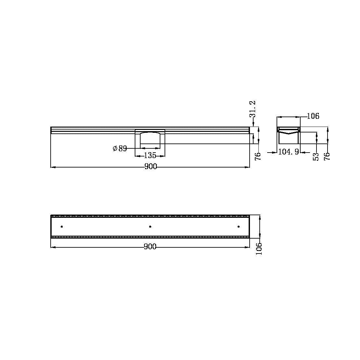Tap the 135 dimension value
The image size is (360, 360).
[150, 155]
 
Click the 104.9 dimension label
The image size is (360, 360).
[289, 152]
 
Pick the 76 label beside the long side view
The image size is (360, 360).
[258, 156]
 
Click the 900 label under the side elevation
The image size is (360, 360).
[150, 167]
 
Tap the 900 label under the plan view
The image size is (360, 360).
[150, 247]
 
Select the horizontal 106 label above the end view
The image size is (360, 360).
[313, 116]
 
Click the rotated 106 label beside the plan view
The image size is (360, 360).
[259, 249]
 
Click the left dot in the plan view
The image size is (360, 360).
[62, 227]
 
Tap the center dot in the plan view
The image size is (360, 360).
[150, 227]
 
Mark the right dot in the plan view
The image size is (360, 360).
[239, 227]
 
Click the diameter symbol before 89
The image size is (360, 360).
[115, 149]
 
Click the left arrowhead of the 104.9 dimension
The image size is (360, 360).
[275, 152]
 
